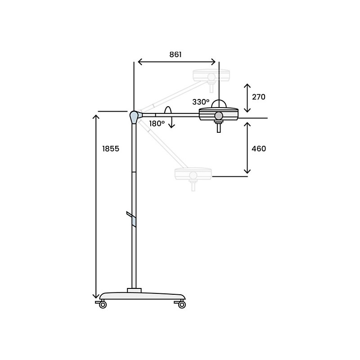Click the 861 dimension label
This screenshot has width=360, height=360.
175,54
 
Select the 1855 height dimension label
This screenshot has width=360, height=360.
111,149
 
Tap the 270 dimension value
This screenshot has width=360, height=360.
259,97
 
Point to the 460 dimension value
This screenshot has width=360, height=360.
259,148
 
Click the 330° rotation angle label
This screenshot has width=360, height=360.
201,102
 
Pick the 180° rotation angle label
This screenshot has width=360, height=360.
157,123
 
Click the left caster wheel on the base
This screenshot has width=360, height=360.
103,305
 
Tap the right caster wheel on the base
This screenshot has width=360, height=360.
182,305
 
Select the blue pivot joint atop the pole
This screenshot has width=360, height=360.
134,117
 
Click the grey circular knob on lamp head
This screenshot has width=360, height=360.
219,116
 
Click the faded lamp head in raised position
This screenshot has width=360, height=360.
211,75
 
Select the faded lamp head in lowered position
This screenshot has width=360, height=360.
193,174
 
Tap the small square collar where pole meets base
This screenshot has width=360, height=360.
134,290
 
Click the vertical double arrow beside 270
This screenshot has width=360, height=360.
247,98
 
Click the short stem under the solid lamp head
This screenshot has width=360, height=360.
219,128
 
